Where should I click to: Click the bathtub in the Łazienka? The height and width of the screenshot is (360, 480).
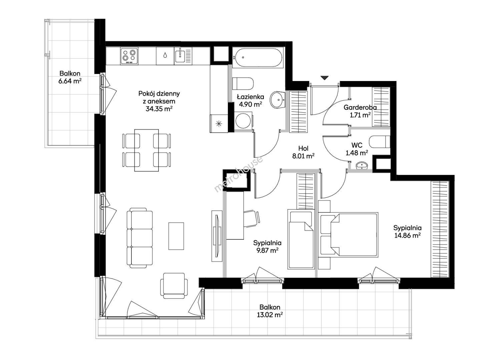pyautogui.click(x=259, y=58)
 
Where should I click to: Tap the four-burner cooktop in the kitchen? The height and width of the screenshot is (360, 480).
pyautogui.click(x=129, y=56)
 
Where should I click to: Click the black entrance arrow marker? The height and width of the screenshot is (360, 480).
pyautogui.click(x=325, y=78)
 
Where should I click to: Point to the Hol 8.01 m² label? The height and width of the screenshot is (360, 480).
pyautogui.click(x=303, y=152)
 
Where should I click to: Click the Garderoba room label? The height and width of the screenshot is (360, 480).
pyautogui.click(x=360, y=107)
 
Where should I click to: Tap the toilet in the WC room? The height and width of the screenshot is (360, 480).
pyautogui.click(x=379, y=142)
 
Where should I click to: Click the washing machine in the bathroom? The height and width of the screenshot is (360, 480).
pyautogui.click(x=243, y=120)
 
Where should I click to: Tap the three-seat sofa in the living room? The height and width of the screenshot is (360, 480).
pyautogui.click(x=139, y=238)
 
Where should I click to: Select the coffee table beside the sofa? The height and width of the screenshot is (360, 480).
pyautogui.click(x=176, y=236)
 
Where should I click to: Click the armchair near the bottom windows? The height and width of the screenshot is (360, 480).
pyautogui.click(x=174, y=286)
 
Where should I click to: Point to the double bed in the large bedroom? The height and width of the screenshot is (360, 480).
pyautogui.click(x=348, y=234)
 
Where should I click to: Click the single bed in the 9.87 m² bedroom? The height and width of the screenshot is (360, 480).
pyautogui.click(x=301, y=239)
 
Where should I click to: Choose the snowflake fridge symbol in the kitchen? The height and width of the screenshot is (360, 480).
pyautogui.click(x=219, y=124)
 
